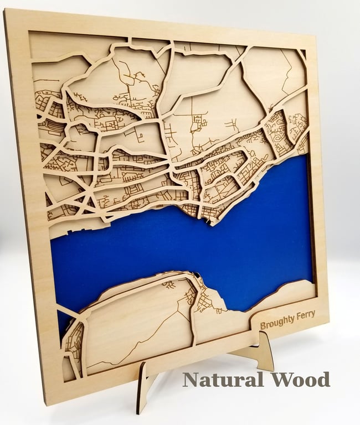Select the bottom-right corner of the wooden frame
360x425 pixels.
327,321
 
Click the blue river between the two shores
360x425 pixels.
183,243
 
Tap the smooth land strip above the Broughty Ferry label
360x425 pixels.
288,293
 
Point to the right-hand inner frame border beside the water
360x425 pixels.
311,221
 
